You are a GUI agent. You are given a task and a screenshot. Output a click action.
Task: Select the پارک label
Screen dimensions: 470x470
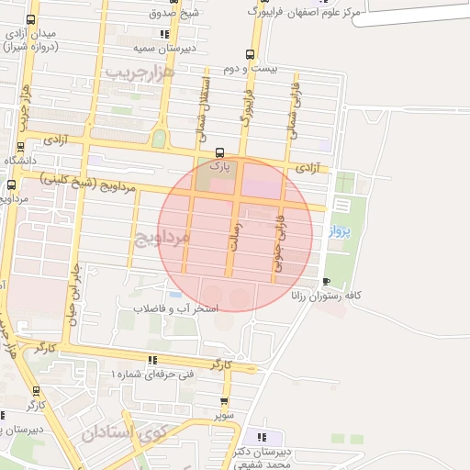click(x=218, y=167)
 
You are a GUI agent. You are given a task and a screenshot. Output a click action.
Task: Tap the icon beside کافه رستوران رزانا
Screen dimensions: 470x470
click(x=327, y=281)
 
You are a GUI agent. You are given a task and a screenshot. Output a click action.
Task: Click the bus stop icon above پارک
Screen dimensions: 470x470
click(x=218, y=152)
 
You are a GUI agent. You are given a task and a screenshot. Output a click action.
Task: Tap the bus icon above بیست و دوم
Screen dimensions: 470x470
click(x=250, y=54)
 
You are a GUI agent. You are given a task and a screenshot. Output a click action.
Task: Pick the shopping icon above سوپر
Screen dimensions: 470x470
click(x=224, y=401)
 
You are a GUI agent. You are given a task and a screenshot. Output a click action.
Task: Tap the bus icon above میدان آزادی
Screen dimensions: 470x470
click(x=31, y=19)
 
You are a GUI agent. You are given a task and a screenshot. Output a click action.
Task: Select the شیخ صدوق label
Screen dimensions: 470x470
click(x=174, y=13)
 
